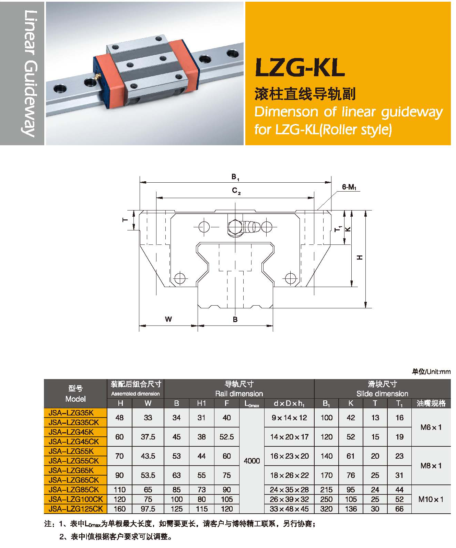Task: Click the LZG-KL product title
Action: pyautogui.click(x=300, y=68)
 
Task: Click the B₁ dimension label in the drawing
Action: pyautogui.click(x=235, y=177)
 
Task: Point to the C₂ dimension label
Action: pyautogui.click(x=236, y=191)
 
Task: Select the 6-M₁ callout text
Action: pyautogui.click(x=349, y=187)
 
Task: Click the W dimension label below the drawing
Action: pyautogui.click(x=168, y=319)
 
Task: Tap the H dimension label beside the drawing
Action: pyautogui.click(x=359, y=257)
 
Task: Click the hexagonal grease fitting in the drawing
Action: pyautogui.click(x=235, y=227)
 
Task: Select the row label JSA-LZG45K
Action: pyautogui.click(x=71, y=432)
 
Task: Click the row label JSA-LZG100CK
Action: pyautogui.click(x=75, y=499)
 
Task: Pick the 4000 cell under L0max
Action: pyautogui.click(x=252, y=461)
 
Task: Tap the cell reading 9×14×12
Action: pyautogui.click(x=289, y=418)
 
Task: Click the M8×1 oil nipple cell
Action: pyautogui.click(x=431, y=466)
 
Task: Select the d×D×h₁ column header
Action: pyautogui.click(x=289, y=403)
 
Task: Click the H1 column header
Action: pyautogui.click(x=201, y=403)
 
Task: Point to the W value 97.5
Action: pyautogui.click(x=148, y=509)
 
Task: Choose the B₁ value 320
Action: pyautogui.click(x=326, y=509)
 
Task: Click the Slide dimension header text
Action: pyautogui.click(x=382, y=394)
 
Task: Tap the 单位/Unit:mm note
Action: pyautogui.click(x=431, y=372)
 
